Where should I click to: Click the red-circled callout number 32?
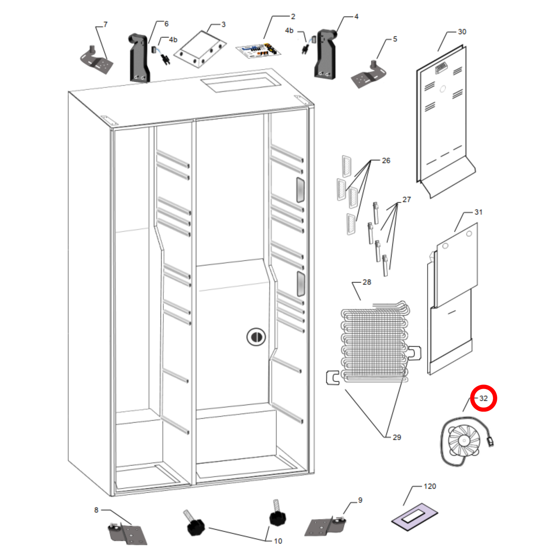[x=483, y=398]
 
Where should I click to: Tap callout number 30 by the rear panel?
[x=462, y=32]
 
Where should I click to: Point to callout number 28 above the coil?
[x=367, y=282]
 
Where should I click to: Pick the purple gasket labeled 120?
[x=414, y=517]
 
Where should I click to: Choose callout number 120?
[x=430, y=486]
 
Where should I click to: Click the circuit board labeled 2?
[x=258, y=52]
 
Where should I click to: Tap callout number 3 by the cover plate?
[x=223, y=24]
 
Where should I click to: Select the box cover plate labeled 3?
[x=200, y=49]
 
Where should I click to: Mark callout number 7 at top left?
[x=105, y=24]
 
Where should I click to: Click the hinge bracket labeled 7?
[x=96, y=60]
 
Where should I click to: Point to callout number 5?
[x=395, y=39]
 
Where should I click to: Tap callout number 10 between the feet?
[x=278, y=541]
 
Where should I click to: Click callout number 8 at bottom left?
[x=96, y=510]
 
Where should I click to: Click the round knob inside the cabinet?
[x=256, y=337]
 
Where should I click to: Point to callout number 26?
[x=386, y=160]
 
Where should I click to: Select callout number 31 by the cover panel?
[x=478, y=212]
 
